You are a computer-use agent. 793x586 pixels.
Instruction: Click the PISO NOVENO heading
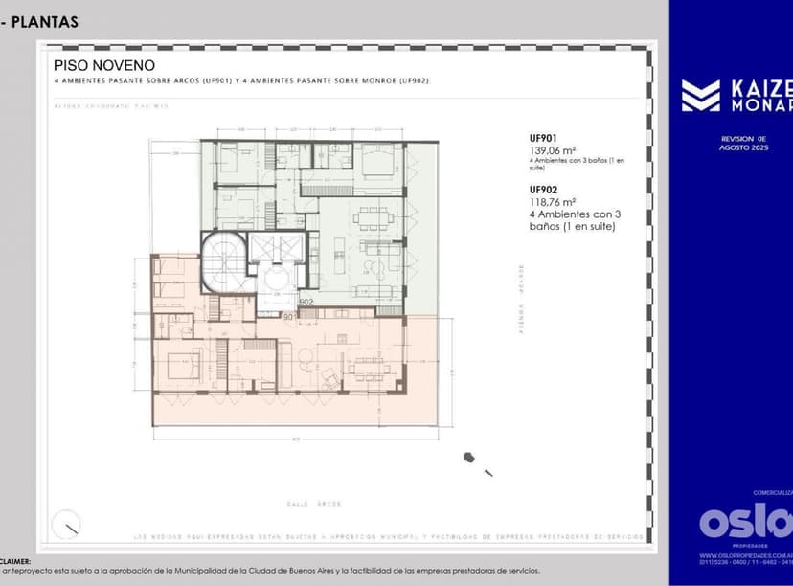click(103, 65)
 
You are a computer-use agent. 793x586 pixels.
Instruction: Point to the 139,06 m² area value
click(552, 150)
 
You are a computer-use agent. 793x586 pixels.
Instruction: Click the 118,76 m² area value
click(552, 202)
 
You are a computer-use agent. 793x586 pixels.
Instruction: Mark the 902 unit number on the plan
click(306, 302)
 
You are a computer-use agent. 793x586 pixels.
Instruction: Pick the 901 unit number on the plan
click(287, 315)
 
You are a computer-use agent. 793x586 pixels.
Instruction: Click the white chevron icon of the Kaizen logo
click(700, 96)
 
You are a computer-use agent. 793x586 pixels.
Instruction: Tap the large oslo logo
click(745, 522)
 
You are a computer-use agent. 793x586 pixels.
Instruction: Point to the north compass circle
click(67, 525)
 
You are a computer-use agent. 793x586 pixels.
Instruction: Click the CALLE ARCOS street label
click(313, 503)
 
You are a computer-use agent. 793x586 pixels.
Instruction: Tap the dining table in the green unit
click(372, 218)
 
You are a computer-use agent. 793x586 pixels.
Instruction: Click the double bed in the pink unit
click(180, 365)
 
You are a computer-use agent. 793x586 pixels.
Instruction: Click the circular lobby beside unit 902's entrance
click(278, 280)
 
